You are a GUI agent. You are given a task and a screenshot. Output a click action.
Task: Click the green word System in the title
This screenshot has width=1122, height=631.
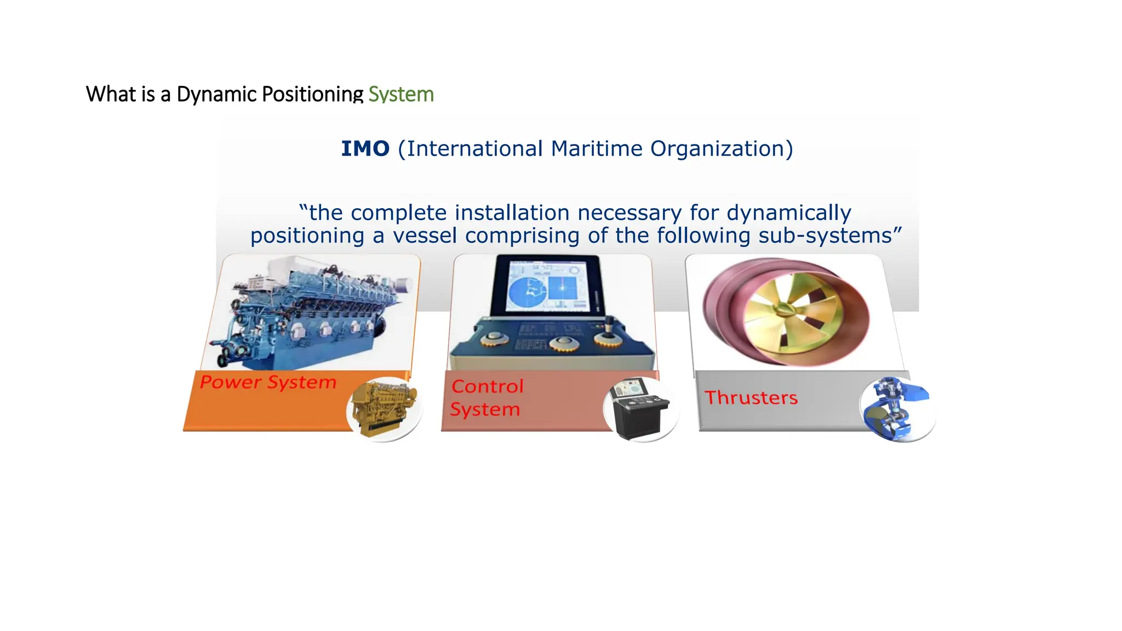pos(400,94)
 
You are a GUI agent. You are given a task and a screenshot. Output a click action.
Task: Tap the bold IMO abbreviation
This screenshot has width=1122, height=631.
pos(365,149)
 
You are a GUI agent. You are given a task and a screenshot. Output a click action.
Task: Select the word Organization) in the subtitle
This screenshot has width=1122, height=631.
pos(722,149)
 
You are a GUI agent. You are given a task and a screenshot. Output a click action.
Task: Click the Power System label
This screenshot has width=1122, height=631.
pos(268,382)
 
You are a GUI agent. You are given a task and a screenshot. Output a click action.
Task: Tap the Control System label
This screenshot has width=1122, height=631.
pos(486,398)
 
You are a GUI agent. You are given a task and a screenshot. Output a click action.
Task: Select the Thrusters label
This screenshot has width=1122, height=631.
pos(751,398)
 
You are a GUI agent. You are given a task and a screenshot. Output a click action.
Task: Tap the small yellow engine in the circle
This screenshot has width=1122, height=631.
pos(384,409)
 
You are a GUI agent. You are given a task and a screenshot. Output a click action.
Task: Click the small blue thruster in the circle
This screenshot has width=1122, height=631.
pos(896,409)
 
